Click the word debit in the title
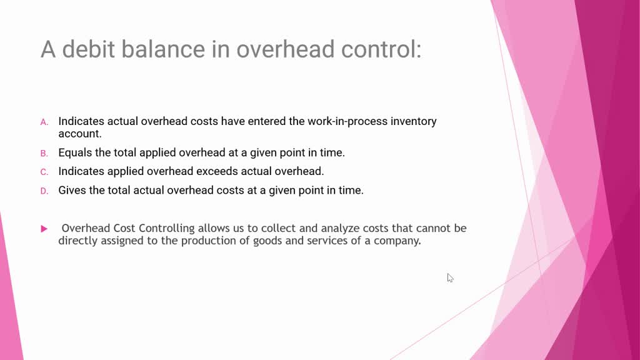click(x=86, y=49)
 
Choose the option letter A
click(x=44, y=122)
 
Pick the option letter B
click(x=44, y=153)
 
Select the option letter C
click(x=44, y=172)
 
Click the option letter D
click(x=44, y=191)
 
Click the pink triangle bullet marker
click(x=44, y=229)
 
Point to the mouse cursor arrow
click(x=450, y=277)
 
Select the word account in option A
click(x=78, y=134)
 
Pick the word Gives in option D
click(x=72, y=190)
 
